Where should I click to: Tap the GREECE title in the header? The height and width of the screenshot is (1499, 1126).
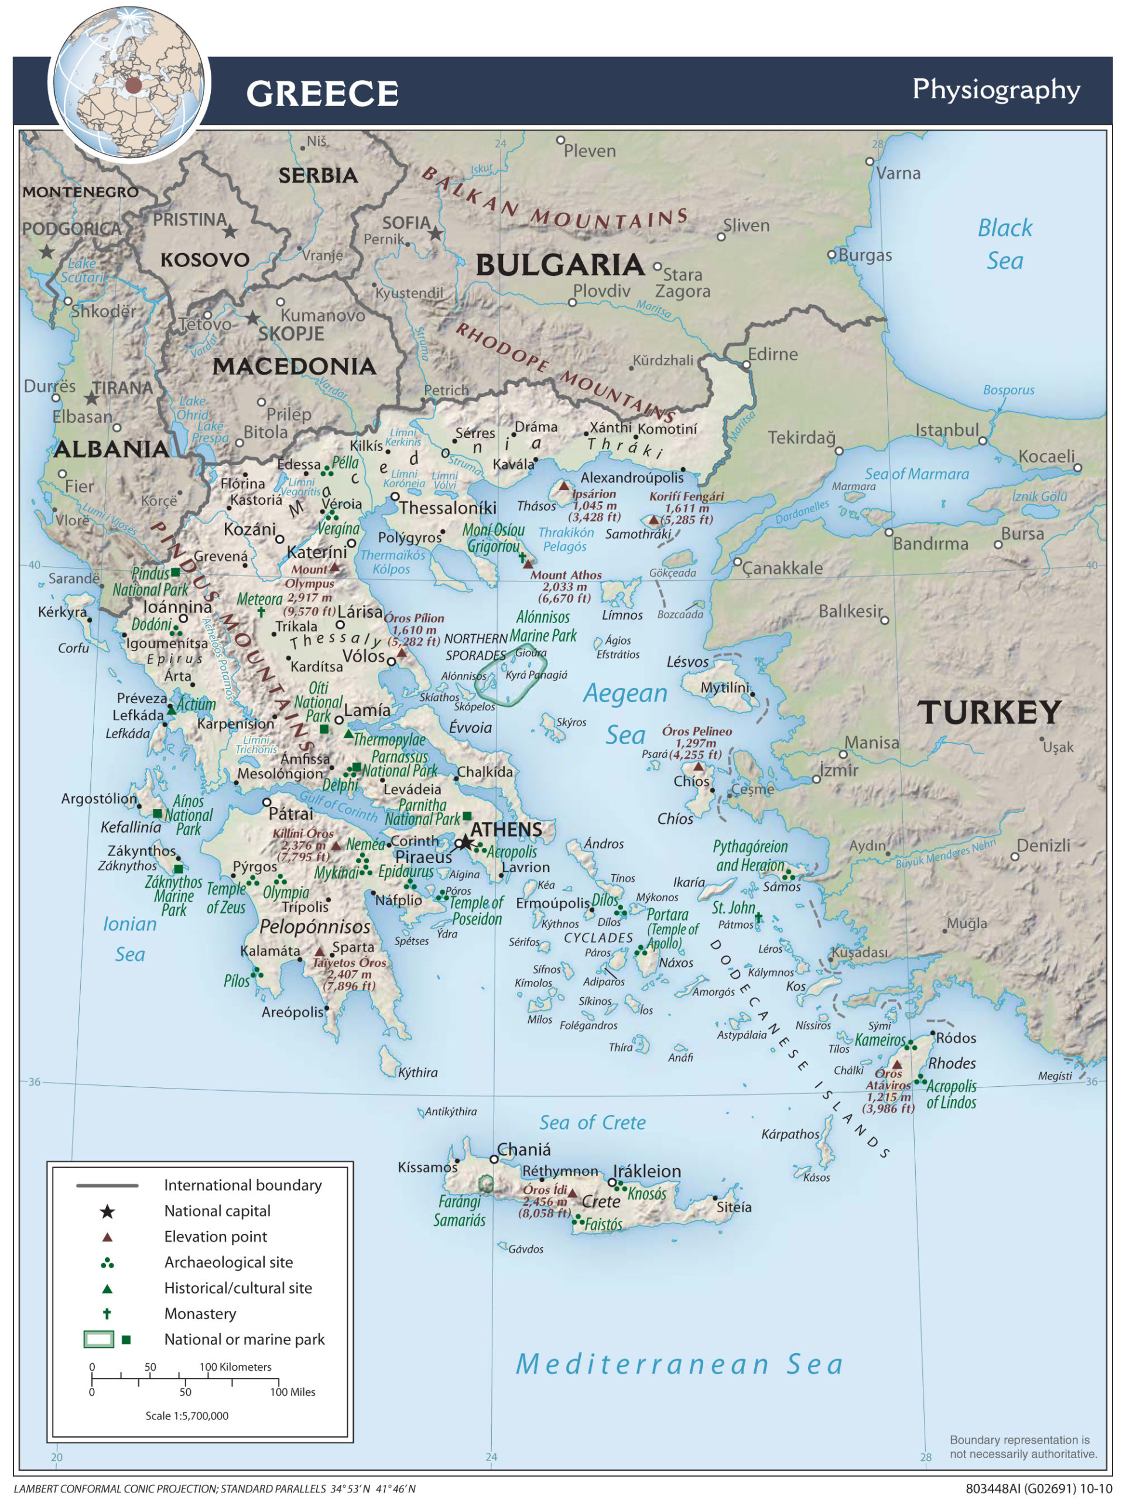coord(323,94)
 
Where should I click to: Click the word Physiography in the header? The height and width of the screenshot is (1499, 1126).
coord(995,90)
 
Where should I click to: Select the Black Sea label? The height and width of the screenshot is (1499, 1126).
coord(1004,244)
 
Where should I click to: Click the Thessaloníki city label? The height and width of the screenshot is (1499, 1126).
coord(447,508)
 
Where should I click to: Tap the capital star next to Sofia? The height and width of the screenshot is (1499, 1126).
coord(436,234)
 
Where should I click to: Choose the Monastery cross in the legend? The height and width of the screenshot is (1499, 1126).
coord(107,1313)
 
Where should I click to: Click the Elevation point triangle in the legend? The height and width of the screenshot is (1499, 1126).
coord(107,1237)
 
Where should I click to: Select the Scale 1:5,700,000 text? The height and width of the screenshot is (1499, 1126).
coord(187,1416)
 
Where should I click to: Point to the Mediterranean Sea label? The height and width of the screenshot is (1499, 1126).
coord(680,1364)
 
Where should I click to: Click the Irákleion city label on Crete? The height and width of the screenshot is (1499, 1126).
coord(647,1171)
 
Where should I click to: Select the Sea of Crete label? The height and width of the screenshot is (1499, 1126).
coord(592,1123)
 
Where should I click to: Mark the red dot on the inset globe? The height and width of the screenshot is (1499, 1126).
coord(134,85)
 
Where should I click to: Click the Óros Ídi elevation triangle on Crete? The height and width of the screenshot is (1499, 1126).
coord(573,1193)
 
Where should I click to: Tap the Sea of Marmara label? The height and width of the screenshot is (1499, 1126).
coord(916,474)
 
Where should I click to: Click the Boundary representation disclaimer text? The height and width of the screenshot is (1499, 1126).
coord(1022,1447)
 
